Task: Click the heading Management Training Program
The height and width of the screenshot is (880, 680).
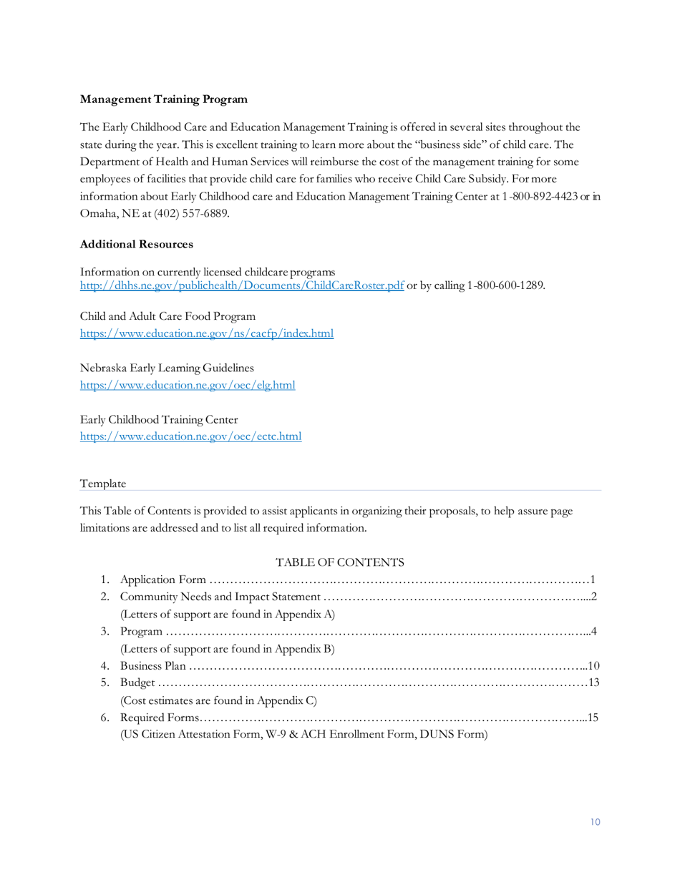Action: (x=164, y=99)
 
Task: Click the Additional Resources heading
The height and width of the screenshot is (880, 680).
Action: (x=137, y=244)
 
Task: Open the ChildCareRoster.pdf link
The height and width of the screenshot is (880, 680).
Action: (x=242, y=286)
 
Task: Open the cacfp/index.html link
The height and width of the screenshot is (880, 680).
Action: (x=207, y=333)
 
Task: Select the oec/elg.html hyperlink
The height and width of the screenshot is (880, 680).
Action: (x=188, y=385)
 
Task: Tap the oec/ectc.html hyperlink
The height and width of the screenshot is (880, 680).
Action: (x=190, y=436)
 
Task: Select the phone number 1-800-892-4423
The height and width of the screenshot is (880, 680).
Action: (x=540, y=196)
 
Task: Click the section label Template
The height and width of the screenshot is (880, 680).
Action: (x=103, y=484)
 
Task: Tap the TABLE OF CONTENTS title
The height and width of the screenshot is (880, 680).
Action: (x=340, y=562)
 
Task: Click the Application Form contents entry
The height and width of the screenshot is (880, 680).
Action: (x=164, y=580)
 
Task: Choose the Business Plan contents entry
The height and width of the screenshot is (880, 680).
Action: (x=153, y=667)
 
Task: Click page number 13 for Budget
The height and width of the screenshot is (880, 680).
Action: (x=593, y=683)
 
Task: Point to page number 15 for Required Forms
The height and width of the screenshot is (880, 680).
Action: (x=592, y=718)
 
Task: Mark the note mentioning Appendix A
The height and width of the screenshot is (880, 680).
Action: (x=228, y=615)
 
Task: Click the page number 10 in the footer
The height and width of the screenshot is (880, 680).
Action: (x=596, y=822)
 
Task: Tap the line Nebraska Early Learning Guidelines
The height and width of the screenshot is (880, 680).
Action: (x=167, y=368)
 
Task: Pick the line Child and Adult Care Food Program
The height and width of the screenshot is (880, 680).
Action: (x=167, y=316)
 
